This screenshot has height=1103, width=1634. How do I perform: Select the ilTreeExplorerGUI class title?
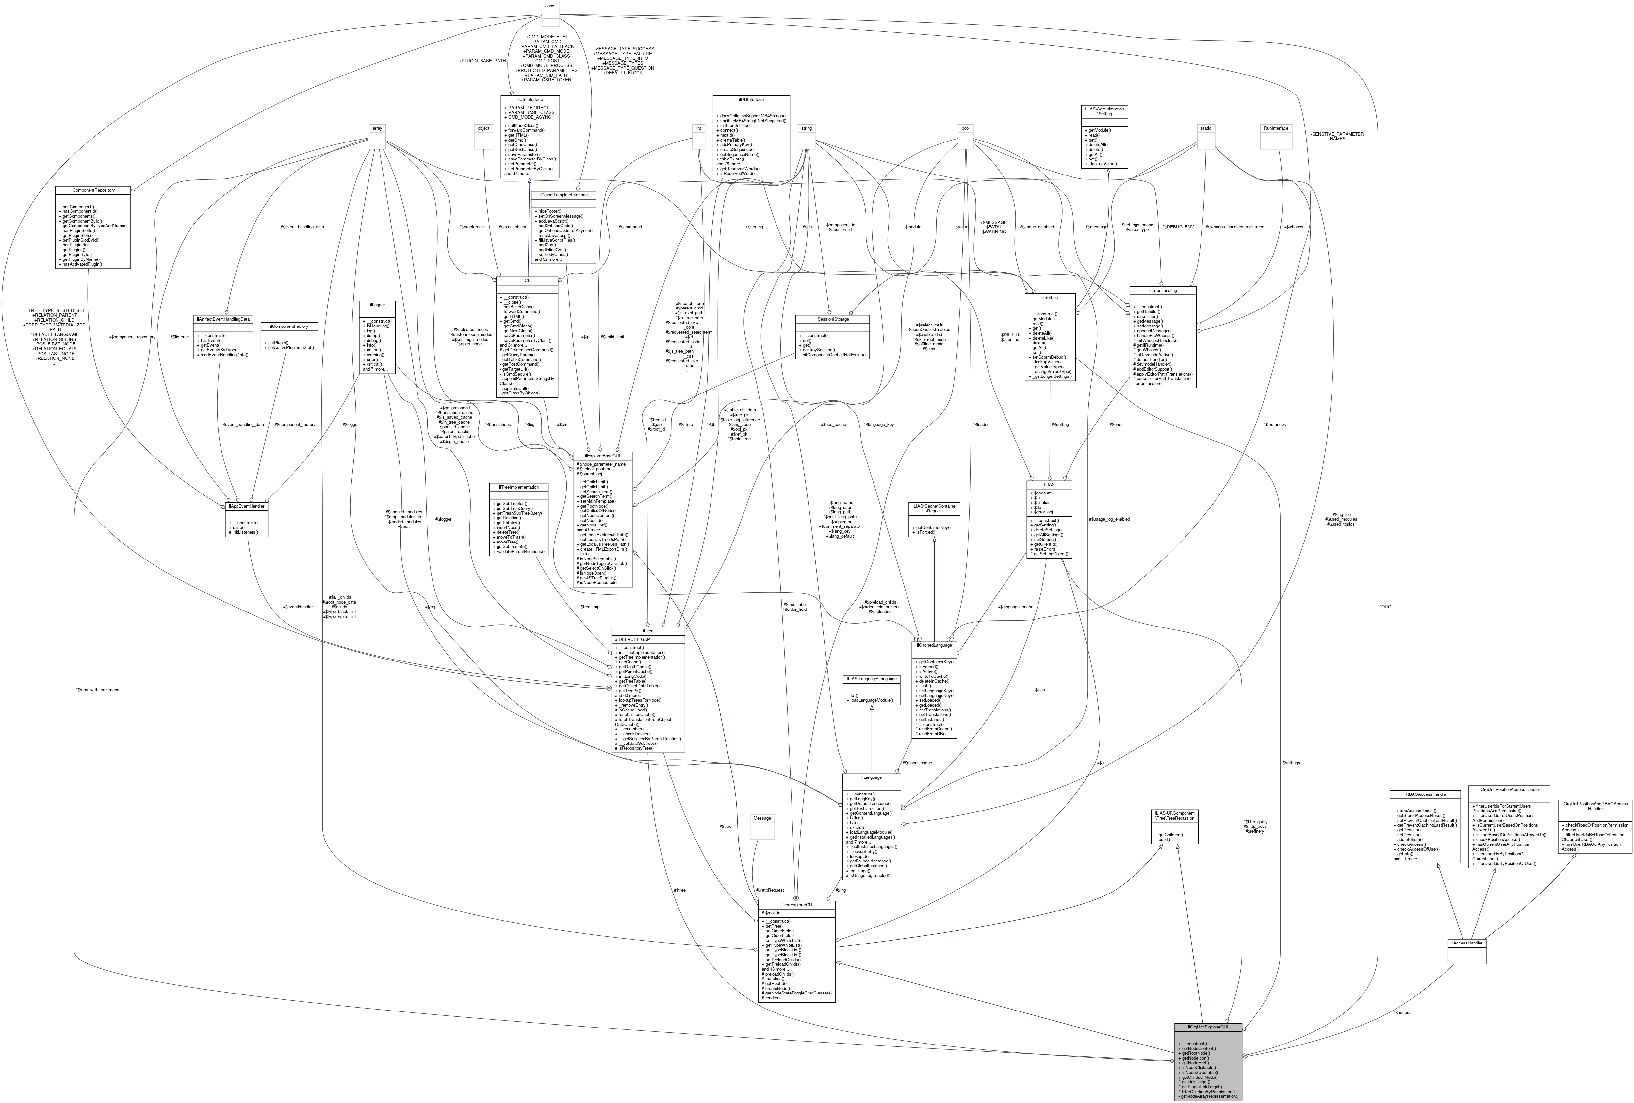click(x=797, y=905)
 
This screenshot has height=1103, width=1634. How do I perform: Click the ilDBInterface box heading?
click(x=751, y=100)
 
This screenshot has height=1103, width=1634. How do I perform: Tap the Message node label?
click(x=762, y=818)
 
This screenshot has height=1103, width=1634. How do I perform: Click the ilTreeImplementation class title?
click(x=518, y=487)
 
